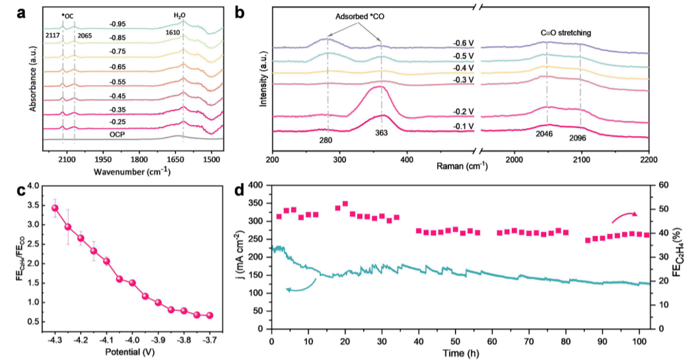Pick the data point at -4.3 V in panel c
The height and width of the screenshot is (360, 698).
(55, 208)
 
